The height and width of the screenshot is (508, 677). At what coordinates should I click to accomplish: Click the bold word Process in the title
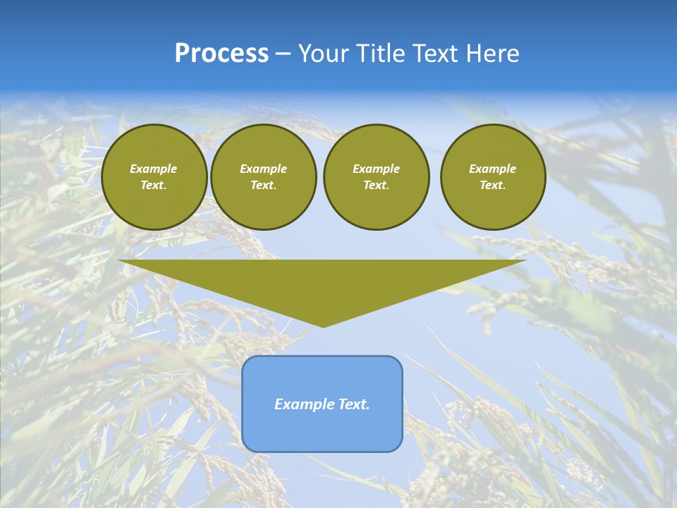(221, 54)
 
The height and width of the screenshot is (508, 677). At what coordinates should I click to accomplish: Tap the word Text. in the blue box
(354, 404)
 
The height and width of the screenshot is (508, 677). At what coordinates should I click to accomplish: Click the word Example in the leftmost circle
(154, 169)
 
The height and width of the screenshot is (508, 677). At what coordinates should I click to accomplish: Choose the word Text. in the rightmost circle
(492, 186)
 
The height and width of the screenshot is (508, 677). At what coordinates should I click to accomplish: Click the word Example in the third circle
(376, 169)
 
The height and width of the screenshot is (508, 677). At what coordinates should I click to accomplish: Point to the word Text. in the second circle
(263, 186)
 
